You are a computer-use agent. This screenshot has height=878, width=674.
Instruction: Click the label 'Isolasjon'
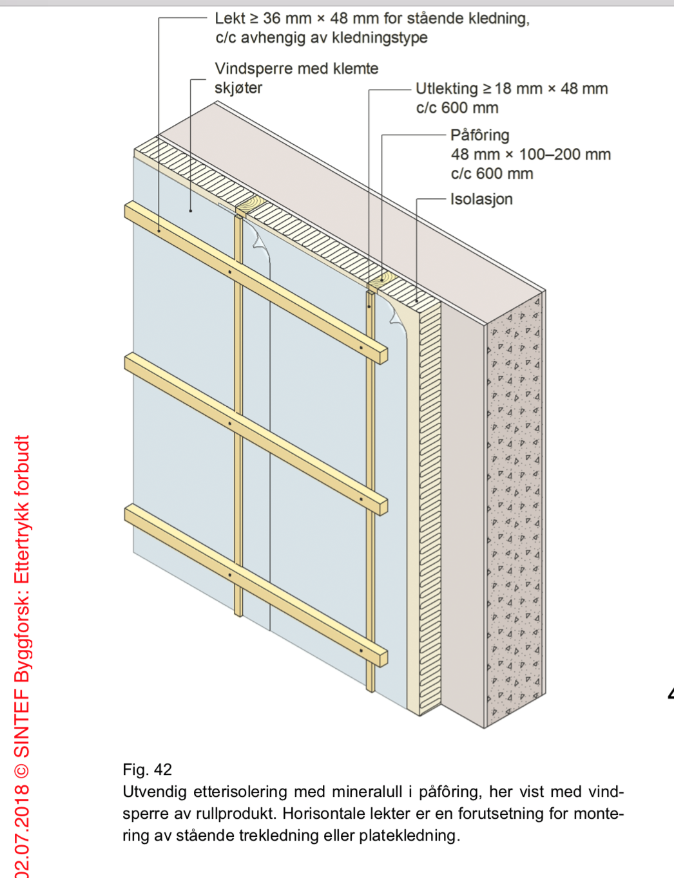click(x=481, y=199)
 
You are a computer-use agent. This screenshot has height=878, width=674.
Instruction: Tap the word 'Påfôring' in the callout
click(x=479, y=135)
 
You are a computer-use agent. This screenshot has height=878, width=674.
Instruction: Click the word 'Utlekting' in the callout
click(x=446, y=89)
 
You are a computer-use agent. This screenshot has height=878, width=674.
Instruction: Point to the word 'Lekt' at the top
click(x=229, y=19)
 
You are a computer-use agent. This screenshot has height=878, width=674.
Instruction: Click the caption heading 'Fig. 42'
click(x=147, y=769)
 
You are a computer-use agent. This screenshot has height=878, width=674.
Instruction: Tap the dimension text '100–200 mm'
click(x=564, y=154)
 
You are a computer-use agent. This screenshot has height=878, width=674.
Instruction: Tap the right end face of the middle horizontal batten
click(x=383, y=507)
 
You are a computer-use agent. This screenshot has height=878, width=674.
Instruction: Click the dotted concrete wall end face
click(x=514, y=509)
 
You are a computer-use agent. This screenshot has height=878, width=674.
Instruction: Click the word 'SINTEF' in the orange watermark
click(x=22, y=722)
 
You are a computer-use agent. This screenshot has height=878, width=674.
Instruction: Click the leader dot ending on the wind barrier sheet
click(x=191, y=210)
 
